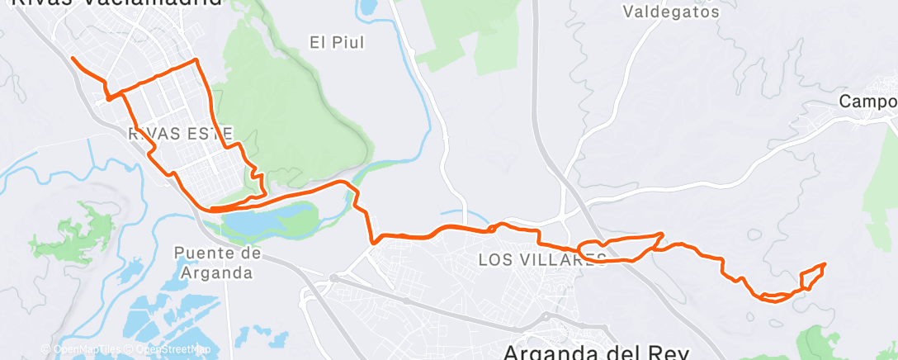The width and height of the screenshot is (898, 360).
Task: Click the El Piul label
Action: pos(337,41)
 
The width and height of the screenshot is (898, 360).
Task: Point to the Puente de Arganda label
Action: pos(219,262)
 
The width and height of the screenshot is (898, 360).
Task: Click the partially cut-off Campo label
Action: pos(867,102)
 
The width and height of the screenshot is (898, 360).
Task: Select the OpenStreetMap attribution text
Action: pos(172,349)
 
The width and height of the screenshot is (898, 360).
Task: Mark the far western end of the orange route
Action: pos(73,58)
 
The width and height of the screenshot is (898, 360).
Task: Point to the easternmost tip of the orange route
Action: pos(825,263)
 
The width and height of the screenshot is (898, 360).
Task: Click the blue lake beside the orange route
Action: pos(264,220)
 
